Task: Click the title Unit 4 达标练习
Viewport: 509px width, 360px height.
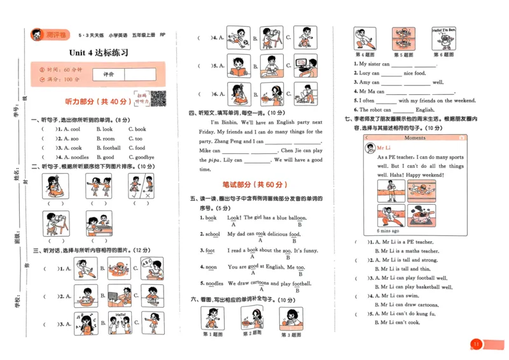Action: pyautogui.click(x=99, y=53)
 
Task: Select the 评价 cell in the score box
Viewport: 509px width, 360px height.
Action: pyautogui.click(x=108, y=74)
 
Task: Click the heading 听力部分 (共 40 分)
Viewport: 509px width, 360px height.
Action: pyautogui.click(x=92, y=101)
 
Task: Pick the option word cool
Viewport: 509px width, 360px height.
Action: pyautogui.click(x=75, y=129)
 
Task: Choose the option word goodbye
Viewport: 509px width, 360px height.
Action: pyautogui.click(x=144, y=157)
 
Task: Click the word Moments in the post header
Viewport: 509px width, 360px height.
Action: pyautogui.click(x=415, y=137)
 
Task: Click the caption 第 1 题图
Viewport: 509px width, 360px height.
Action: pyautogui.click(x=212, y=335)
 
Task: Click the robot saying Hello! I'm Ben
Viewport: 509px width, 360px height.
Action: pyautogui.click(x=443, y=39)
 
